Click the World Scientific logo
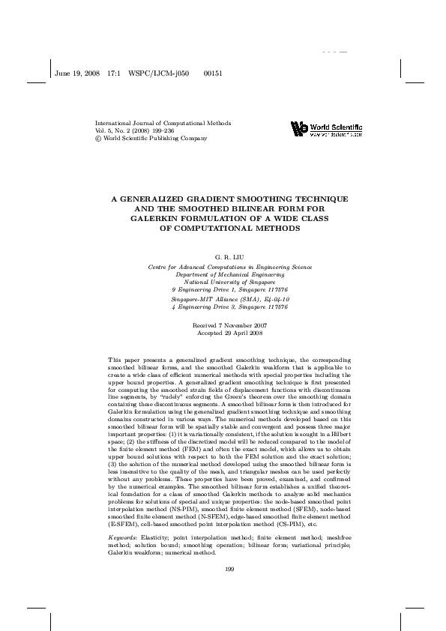[x=326, y=130]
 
